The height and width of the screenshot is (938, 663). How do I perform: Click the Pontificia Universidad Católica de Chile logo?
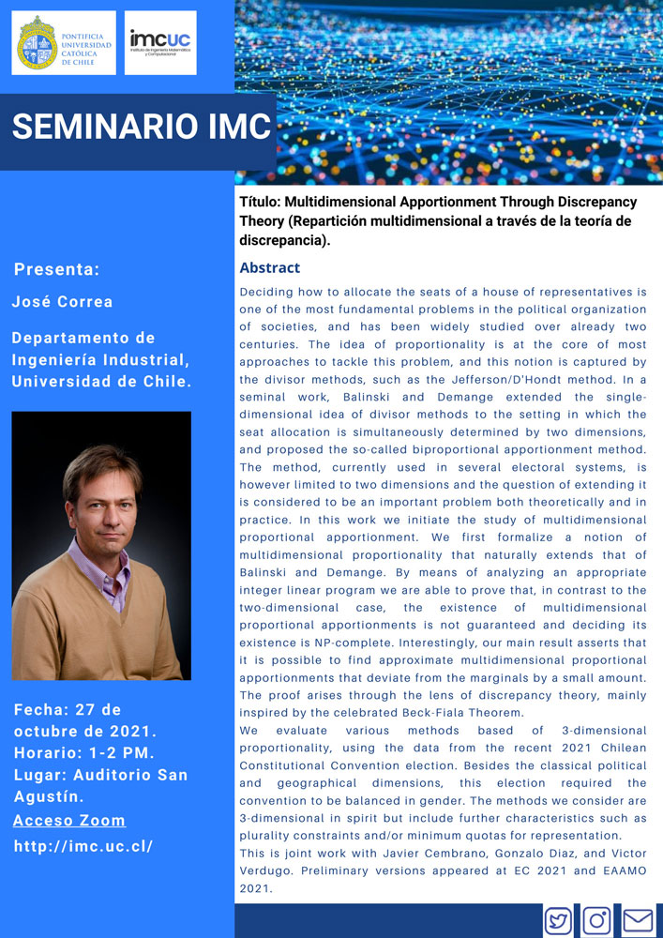point(64,42)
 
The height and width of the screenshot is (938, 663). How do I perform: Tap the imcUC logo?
point(160,42)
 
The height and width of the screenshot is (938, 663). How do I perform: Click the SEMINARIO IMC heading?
point(141,127)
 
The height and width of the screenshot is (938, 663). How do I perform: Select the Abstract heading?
point(269,268)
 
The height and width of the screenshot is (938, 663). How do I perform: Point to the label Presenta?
point(56,270)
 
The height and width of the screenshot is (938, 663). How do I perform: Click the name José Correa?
point(62,302)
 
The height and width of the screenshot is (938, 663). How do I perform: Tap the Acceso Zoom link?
point(69,821)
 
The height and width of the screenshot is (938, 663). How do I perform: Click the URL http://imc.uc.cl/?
point(83,846)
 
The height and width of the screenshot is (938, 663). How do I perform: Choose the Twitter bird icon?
point(559,920)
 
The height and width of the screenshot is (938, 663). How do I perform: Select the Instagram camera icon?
point(597,920)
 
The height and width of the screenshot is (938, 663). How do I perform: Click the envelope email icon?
point(638,920)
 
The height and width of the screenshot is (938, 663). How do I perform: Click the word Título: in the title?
point(259,202)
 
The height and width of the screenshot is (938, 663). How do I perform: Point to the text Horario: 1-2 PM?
point(84,753)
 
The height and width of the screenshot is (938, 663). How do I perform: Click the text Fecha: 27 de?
point(68,709)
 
